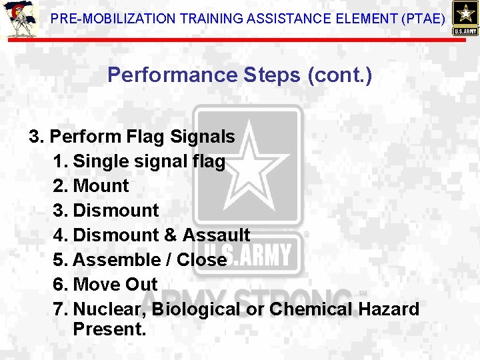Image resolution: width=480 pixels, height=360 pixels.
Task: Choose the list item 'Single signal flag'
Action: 149,161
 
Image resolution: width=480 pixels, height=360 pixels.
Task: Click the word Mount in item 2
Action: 101,186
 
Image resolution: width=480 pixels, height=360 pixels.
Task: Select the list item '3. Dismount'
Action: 106,211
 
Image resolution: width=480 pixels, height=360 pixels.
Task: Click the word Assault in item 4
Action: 216,235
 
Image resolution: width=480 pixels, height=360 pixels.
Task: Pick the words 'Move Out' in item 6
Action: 115,285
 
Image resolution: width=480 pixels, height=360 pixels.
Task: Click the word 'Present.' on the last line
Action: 109,329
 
